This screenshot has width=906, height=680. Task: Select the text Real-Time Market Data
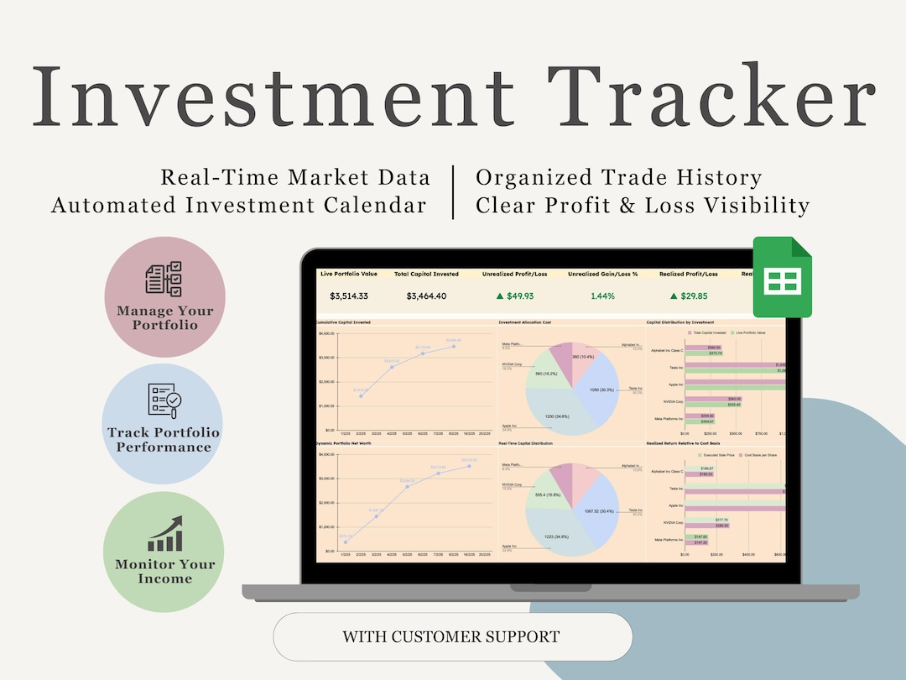click(295, 177)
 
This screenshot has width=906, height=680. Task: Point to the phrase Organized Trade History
click(618, 177)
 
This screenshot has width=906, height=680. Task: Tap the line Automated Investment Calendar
click(239, 205)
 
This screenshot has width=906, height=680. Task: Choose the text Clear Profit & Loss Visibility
click(643, 205)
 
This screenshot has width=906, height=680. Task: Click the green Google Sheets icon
click(781, 277)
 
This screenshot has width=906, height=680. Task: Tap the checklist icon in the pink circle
click(164, 279)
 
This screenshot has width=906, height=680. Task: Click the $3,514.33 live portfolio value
click(349, 296)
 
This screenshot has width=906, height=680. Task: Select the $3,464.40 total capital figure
click(426, 296)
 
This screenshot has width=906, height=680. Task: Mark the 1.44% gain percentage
click(602, 296)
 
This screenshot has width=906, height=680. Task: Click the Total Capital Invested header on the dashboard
click(426, 274)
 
